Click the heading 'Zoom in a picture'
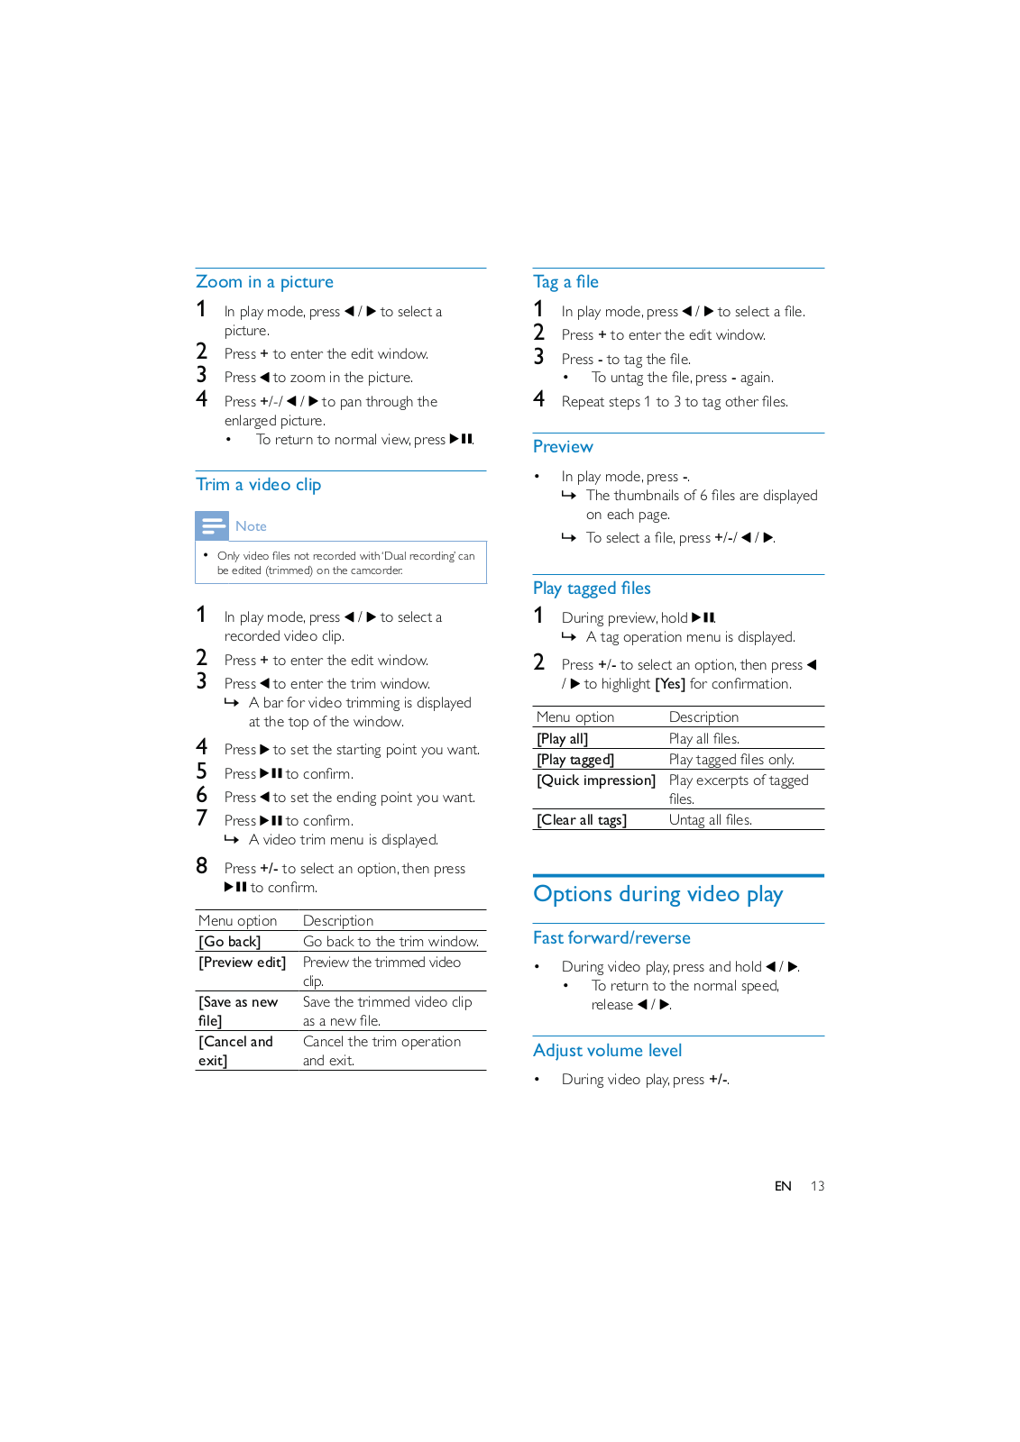click(264, 282)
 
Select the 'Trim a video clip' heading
click(258, 485)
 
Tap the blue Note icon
click(212, 525)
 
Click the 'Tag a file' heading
click(565, 282)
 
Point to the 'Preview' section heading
click(563, 447)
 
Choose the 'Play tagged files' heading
click(592, 589)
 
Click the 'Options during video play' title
click(657, 894)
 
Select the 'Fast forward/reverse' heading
click(611, 938)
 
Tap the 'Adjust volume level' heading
click(607, 1051)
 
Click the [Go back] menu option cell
click(230, 942)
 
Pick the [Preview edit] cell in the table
click(243, 963)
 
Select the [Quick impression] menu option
click(596, 780)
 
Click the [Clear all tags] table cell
click(582, 820)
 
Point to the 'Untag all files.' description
click(711, 820)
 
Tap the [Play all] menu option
click(563, 739)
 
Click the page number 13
click(817, 1186)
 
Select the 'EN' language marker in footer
click(783, 1186)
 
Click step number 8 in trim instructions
click(202, 866)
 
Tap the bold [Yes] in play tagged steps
click(670, 684)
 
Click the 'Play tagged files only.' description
click(731, 760)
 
